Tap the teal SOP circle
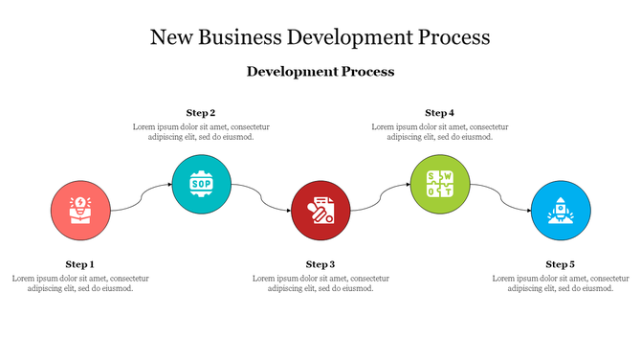[x=202, y=183]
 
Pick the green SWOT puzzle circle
[x=441, y=183]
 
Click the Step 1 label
[x=80, y=264]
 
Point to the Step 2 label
[x=201, y=113]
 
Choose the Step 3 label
[x=320, y=264]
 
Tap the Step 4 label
[x=440, y=113]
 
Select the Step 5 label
[x=561, y=264]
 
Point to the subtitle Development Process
[x=320, y=72]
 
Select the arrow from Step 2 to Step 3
[x=262, y=196]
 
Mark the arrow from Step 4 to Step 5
[x=501, y=196]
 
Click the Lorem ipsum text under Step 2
[x=201, y=132]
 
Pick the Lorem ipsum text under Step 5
[x=561, y=283]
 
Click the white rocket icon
[x=561, y=210]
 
